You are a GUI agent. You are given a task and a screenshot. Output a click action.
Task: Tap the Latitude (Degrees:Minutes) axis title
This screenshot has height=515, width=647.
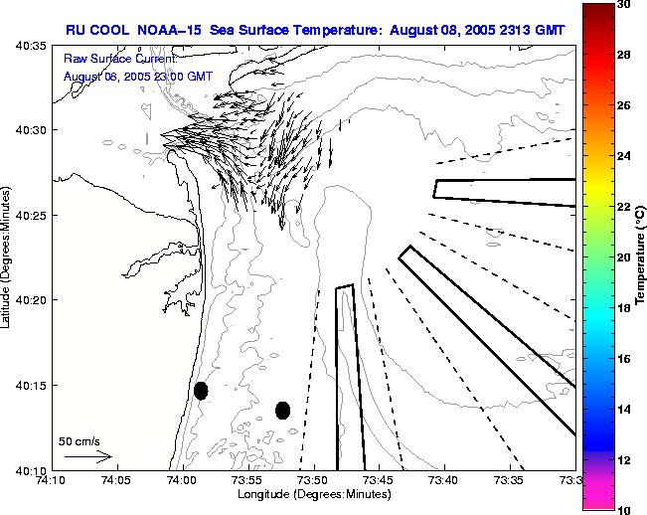tap(9, 257)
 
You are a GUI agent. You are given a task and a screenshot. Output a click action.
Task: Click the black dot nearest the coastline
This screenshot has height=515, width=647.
tap(201, 391)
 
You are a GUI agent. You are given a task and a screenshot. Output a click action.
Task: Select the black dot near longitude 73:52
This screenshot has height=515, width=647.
tap(282, 410)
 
